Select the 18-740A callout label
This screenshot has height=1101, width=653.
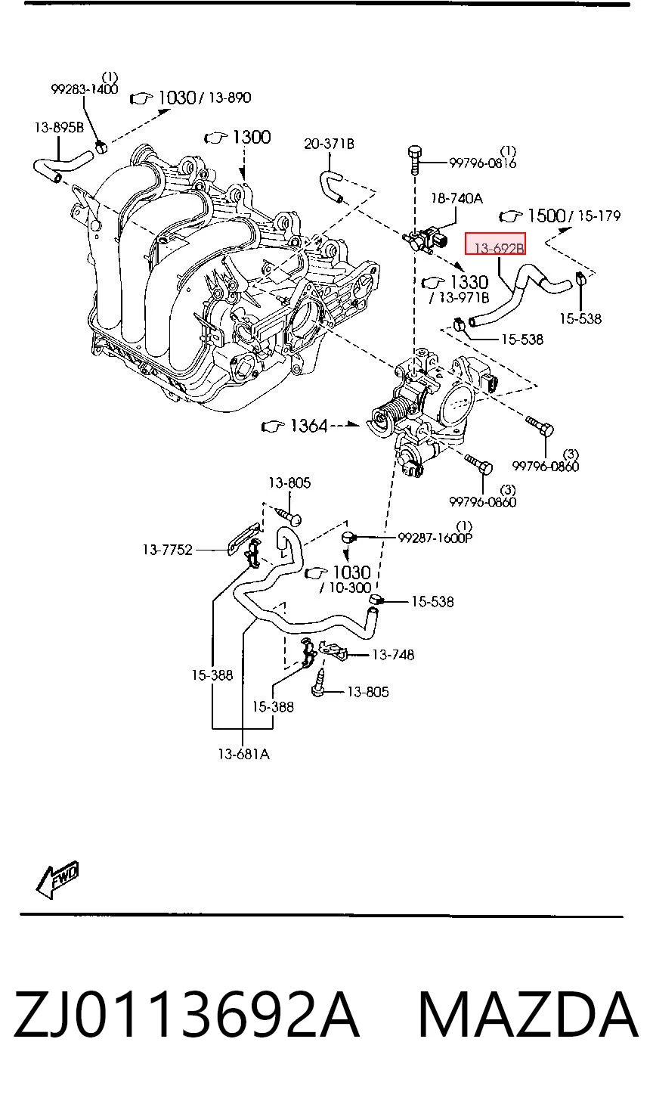point(457,198)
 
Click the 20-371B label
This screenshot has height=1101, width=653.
point(329,144)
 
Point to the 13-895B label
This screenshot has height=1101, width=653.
point(59,128)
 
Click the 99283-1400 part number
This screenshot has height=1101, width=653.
point(85,89)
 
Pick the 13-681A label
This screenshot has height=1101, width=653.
point(243,754)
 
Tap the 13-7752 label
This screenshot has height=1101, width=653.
point(168,550)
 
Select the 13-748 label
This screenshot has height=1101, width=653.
point(393,655)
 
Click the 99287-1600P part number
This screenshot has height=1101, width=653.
point(435,538)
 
